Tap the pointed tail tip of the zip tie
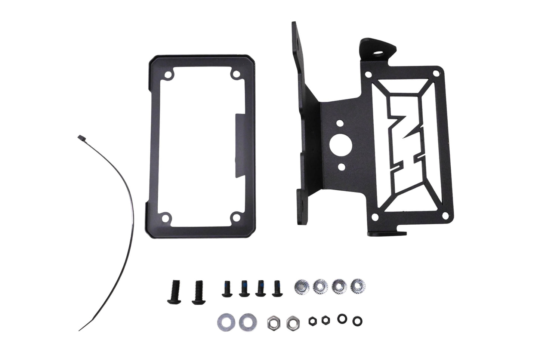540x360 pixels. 79,330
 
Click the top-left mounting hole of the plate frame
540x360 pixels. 167,75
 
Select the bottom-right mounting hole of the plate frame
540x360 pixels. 236,218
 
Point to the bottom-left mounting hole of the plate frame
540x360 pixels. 165,218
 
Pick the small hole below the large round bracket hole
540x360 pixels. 341,166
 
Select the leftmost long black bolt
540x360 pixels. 174,292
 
